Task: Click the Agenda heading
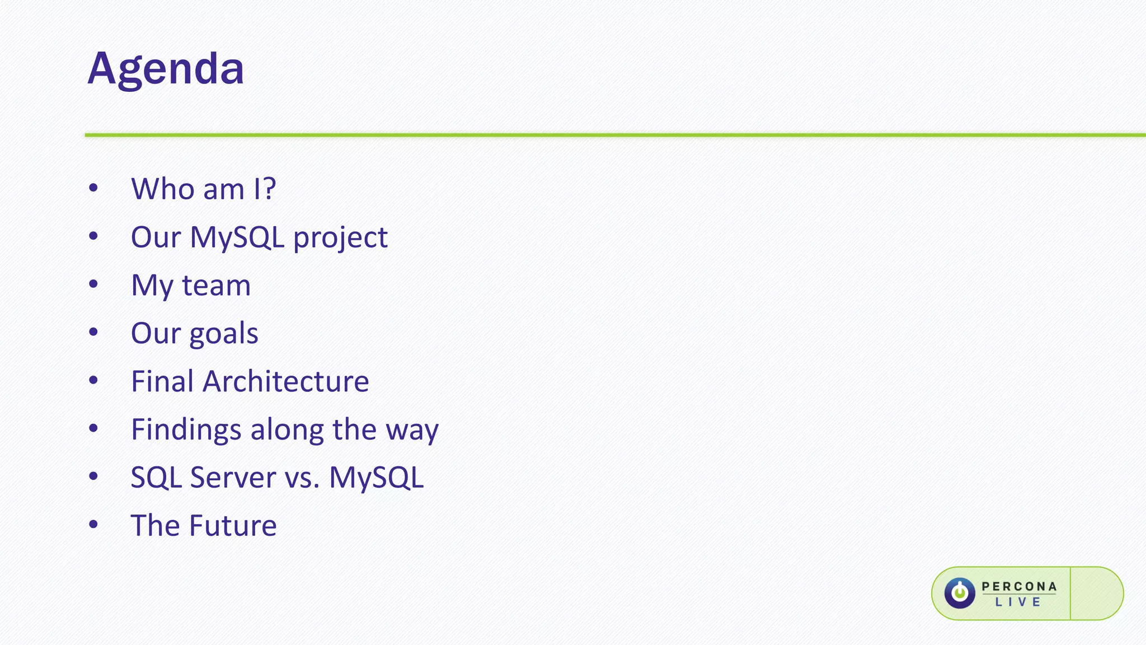166,69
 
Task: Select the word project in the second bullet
340,238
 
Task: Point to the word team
216,286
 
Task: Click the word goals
224,334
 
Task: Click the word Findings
186,430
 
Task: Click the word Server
233,478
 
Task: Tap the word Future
233,526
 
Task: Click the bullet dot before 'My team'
93,284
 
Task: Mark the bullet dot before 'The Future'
93,525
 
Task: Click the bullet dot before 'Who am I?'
93,188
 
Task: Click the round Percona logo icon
960,593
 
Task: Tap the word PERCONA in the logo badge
1019,586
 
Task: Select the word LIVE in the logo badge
1018,602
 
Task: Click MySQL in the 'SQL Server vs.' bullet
376,478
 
